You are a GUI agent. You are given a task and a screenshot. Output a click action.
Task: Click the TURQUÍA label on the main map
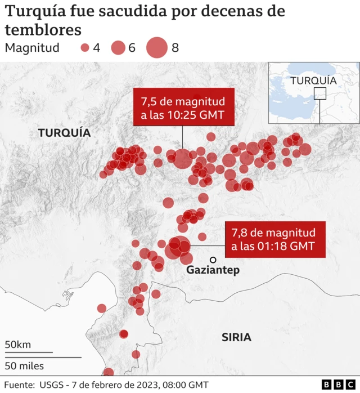(64, 133)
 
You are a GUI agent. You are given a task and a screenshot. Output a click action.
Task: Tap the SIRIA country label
(236, 338)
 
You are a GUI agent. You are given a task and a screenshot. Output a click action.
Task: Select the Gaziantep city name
(213, 270)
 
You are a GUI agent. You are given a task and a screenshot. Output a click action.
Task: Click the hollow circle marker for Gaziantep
(213, 260)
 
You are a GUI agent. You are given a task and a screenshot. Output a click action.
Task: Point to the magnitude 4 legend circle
(85, 48)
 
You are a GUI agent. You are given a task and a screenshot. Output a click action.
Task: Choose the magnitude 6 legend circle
(118, 48)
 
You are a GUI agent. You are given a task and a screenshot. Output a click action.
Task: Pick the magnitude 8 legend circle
(157, 48)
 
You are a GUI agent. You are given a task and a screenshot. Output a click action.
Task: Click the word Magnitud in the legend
(32, 48)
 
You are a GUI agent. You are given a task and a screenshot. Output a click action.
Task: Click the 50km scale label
(18, 345)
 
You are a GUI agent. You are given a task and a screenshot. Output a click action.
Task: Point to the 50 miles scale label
(24, 365)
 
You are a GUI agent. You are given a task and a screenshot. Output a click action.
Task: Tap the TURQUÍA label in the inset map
(313, 81)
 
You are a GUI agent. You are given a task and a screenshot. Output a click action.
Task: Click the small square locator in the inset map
(319, 93)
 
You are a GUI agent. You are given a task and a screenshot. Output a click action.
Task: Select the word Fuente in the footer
(19, 385)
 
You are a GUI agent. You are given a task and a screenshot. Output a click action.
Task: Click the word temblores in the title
(43, 29)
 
